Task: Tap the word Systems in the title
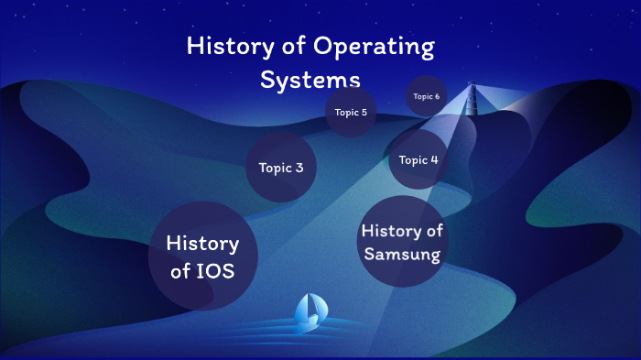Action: (310, 79)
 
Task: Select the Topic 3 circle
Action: (281, 167)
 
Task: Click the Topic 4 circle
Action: (419, 159)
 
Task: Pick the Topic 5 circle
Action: (351, 112)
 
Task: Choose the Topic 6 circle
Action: (426, 96)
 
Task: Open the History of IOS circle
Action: (202, 256)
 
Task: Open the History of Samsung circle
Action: (402, 241)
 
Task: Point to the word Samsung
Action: (402, 254)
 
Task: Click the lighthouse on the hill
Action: (473, 99)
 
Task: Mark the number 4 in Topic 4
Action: (434, 159)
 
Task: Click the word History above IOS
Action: (202, 244)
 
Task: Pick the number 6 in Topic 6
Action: (437, 96)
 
